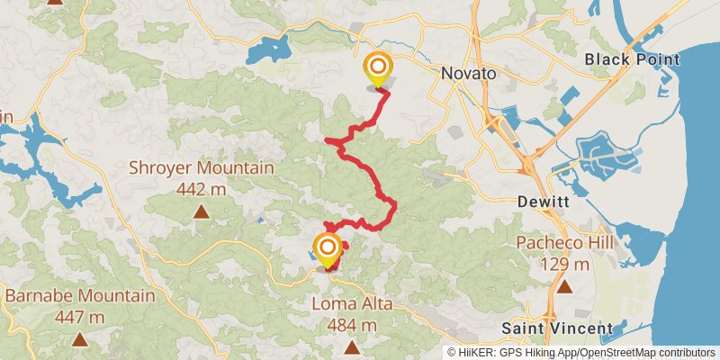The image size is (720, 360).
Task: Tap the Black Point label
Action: pos(632,59)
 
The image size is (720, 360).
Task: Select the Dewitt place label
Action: pos(544,202)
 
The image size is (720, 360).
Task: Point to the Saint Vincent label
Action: pos(556,328)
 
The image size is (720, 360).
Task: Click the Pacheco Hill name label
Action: pos(564,244)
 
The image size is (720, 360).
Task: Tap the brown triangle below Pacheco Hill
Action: pos(564,287)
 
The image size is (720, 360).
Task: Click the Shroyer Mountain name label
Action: pos(201,168)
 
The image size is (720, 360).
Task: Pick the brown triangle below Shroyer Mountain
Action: pos(202,212)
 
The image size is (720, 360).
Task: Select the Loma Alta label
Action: pos(351,304)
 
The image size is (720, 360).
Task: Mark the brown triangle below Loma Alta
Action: pos(351,346)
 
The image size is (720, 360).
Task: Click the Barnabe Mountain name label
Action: pos(80,296)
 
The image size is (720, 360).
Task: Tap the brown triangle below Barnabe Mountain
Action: pos(80,339)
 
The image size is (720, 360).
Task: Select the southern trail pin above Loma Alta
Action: pos(328,248)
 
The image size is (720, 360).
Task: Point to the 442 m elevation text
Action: pos(201,189)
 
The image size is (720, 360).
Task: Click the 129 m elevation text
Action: pos(564,265)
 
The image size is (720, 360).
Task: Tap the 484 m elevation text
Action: pos(351,324)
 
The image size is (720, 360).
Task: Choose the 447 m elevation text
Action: pos(80,317)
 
